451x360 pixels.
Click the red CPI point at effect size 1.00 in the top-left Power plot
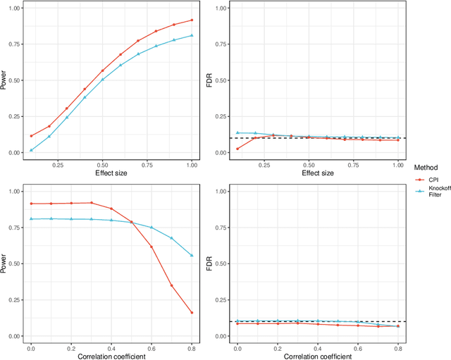click(x=192, y=20)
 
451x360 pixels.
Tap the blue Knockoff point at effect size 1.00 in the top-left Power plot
click(x=192, y=35)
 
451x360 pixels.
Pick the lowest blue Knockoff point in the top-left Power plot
click(x=31, y=150)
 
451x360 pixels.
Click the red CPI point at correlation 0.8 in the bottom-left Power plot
click(x=192, y=313)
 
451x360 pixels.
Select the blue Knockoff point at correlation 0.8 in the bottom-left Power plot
click(x=192, y=256)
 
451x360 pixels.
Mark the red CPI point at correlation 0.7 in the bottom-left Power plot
click(x=172, y=285)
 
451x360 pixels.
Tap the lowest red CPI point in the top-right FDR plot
click(x=237, y=149)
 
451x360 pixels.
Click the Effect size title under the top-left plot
click(x=111, y=173)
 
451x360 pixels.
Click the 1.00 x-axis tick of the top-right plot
click(x=398, y=163)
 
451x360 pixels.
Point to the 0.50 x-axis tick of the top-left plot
click(x=103, y=163)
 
